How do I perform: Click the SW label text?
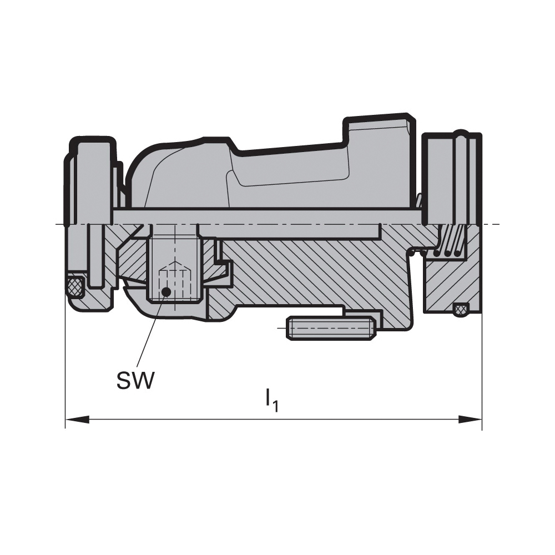pos(136,381)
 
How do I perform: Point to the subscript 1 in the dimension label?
pos(275,406)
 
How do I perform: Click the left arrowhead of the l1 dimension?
pos(77,420)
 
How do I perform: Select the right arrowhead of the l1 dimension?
pos(470,420)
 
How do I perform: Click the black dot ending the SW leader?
pos(165,291)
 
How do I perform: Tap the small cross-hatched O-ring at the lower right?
pos(460,309)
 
